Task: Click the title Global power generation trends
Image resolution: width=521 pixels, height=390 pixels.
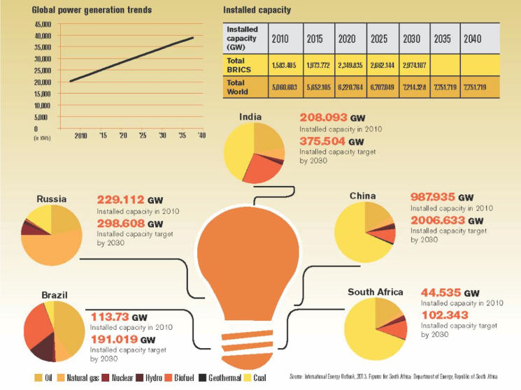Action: [x=92, y=10]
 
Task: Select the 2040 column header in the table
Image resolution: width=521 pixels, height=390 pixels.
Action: [x=472, y=38]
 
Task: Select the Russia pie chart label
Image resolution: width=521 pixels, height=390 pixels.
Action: [x=51, y=198]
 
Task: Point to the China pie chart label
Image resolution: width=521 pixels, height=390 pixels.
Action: [x=363, y=196]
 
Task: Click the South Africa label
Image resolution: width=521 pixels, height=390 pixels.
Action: [x=375, y=291]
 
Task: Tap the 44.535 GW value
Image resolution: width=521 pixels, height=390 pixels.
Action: [x=450, y=293]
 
